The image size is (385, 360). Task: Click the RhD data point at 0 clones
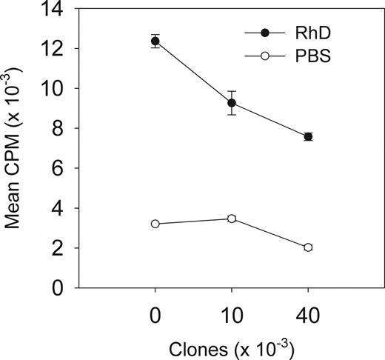pyautogui.click(x=155, y=41)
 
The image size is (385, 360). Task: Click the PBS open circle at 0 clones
pyautogui.click(x=155, y=224)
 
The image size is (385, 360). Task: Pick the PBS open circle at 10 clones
pyautogui.click(x=232, y=219)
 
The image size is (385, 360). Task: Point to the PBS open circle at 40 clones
pyautogui.click(x=308, y=247)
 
